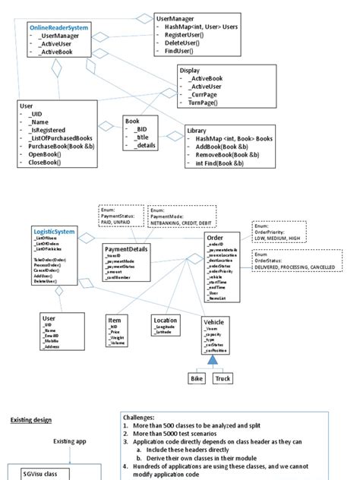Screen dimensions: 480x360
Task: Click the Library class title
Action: pyautogui.click(x=197, y=131)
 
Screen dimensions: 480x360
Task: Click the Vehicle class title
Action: pyautogui.click(x=213, y=321)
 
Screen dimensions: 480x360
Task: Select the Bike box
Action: pyautogui.click(x=197, y=378)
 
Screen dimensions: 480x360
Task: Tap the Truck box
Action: pyautogui.click(x=223, y=378)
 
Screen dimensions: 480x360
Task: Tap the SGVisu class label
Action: pyautogui.click(x=41, y=474)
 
